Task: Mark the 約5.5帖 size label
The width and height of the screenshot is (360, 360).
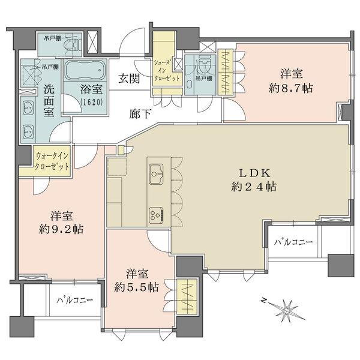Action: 137,287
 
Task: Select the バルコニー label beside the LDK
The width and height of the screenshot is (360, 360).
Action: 294,243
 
